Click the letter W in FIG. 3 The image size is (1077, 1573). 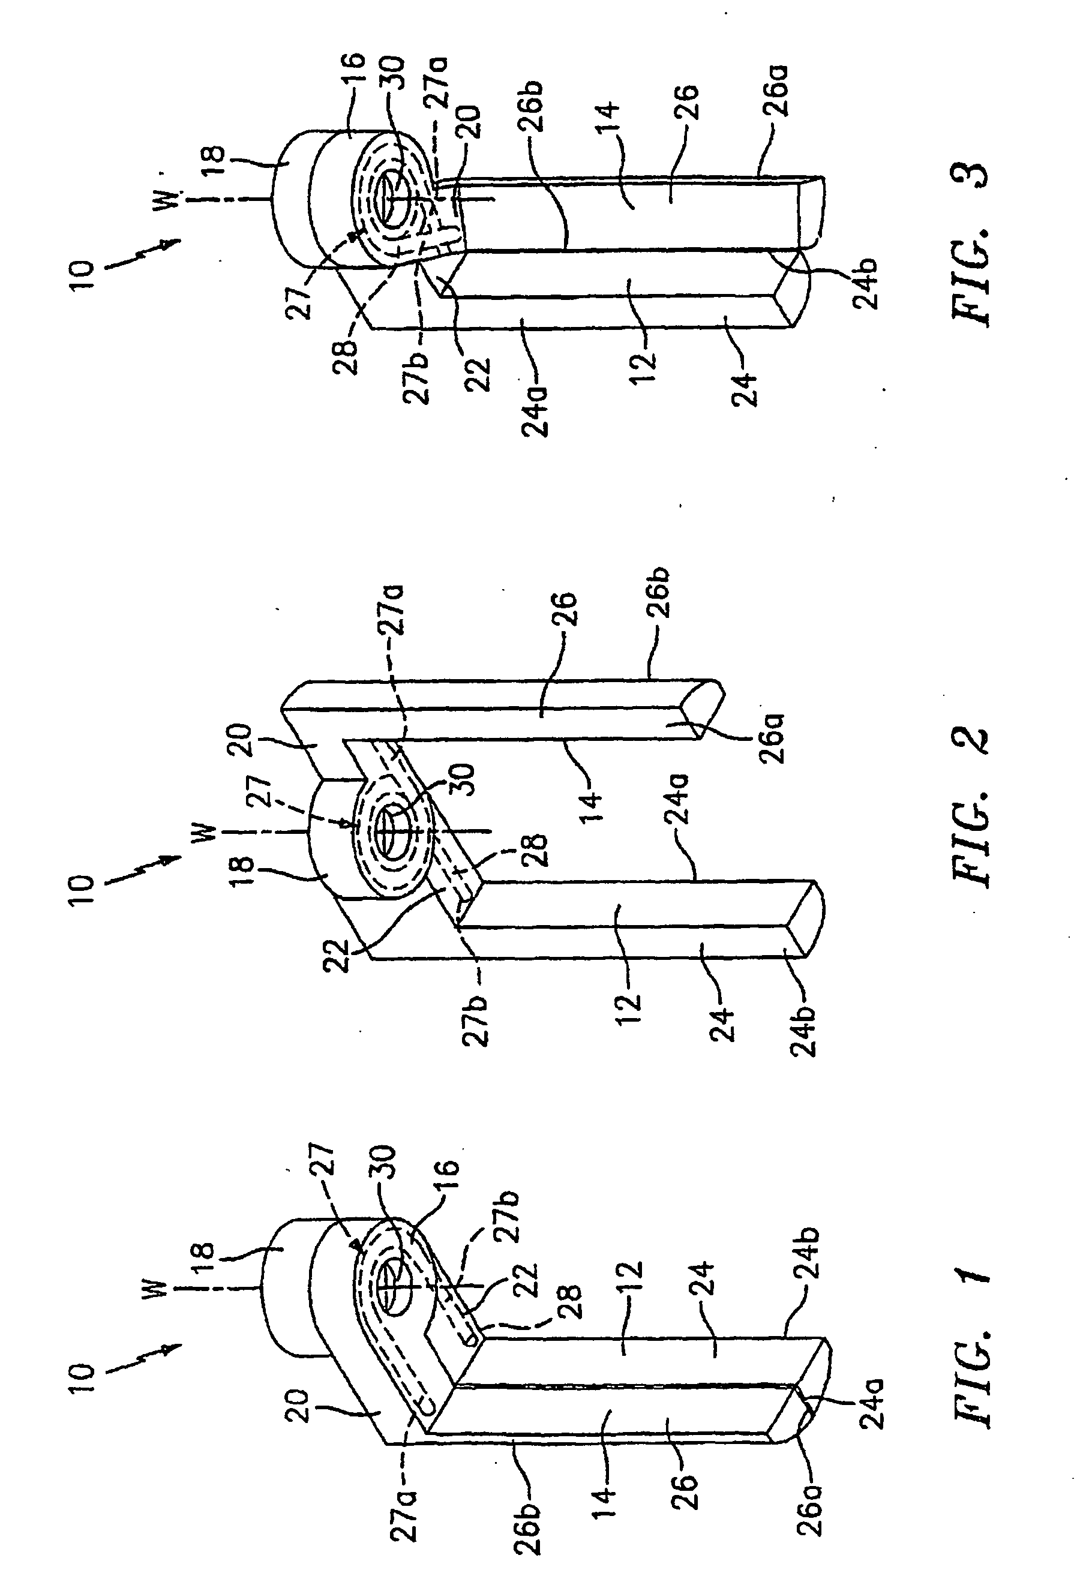tap(170, 199)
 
